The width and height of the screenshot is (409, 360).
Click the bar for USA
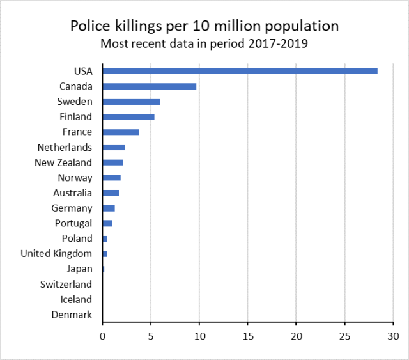[x=240, y=71]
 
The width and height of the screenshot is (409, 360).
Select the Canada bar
[x=149, y=86]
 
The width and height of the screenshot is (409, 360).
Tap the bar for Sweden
[x=131, y=102]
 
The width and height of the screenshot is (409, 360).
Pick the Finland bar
[x=128, y=117]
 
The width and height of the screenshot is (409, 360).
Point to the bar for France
[x=121, y=132]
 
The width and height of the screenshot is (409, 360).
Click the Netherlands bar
[x=113, y=147]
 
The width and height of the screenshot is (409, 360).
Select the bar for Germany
[x=109, y=208]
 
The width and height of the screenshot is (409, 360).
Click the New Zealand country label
[x=63, y=162]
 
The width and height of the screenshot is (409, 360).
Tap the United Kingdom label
[x=56, y=254]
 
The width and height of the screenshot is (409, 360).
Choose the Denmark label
[x=72, y=315]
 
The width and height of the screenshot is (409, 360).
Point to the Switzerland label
[x=66, y=284]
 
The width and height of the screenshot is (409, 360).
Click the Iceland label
[x=76, y=299]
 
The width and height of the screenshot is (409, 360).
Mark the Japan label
[x=79, y=269]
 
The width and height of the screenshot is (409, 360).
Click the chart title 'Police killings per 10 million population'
[x=204, y=26]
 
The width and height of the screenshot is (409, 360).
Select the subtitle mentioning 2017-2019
[x=204, y=44]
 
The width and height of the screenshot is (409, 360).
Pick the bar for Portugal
[x=107, y=223]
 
